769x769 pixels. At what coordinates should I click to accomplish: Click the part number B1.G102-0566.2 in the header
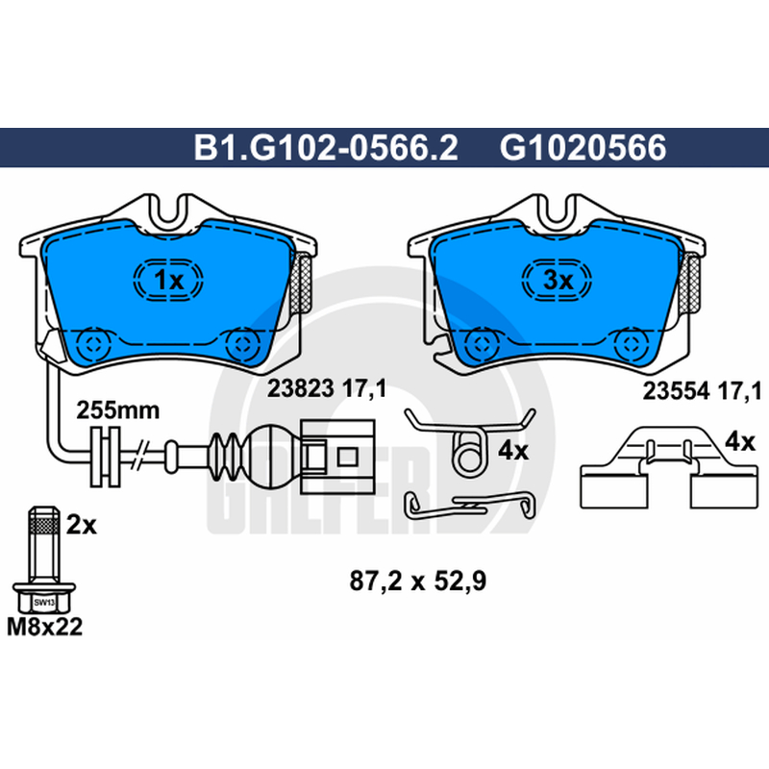point(326,147)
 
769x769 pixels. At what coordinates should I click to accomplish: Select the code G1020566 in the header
point(583,147)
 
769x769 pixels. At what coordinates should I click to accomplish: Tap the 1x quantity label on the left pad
point(168,281)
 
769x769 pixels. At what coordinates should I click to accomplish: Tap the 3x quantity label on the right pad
point(558,281)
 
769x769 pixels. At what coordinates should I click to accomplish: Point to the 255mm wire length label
point(117,410)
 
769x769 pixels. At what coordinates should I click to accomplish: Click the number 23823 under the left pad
point(300,389)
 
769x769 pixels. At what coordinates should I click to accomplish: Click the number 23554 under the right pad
point(676,391)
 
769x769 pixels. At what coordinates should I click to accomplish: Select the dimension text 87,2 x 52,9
point(418,582)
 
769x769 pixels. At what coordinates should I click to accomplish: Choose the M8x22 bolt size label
point(44,628)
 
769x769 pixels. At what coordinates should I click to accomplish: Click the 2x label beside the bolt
point(82,526)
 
